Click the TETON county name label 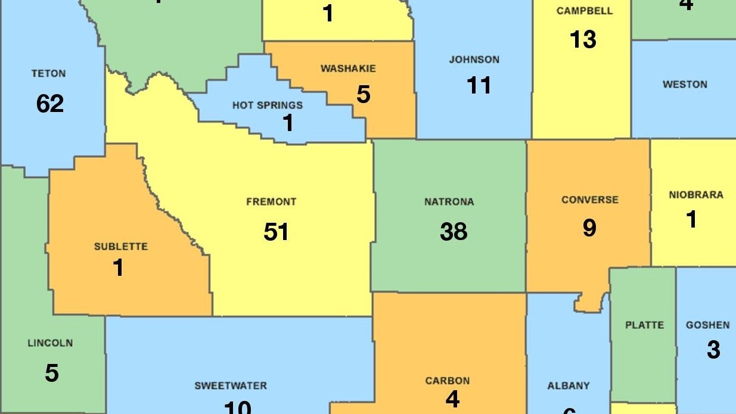pos(49,74)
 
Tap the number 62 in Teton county pos(50,104)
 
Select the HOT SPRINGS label pos(268,105)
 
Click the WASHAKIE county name pos(348,69)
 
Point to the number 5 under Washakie pos(364,94)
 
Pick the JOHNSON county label pos(474,60)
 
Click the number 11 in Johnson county pos(479,85)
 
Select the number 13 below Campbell pos(583,39)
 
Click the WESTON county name pos(685,85)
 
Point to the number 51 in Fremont pos(277,232)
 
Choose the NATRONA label pos(449,202)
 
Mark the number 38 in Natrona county pos(454,231)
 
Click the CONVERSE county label pos(590,200)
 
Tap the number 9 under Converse pos(589,228)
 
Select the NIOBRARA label pos(696,195)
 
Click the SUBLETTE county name pos(121,247)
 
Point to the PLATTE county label pos(644,325)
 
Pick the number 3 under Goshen pos(713,350)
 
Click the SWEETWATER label pos(231,386)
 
